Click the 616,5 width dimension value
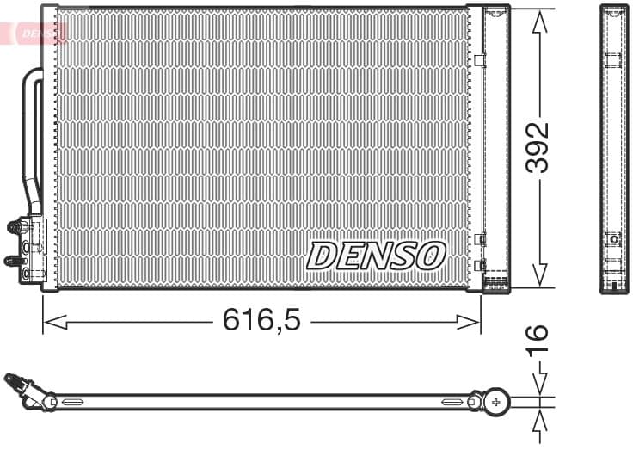[261, 321]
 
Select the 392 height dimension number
[538, 147]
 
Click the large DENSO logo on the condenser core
[377, 256]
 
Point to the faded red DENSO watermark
[39, 34]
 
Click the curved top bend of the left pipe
[33, 75]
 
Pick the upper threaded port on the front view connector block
[15, 227]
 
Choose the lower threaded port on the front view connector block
[12, 260]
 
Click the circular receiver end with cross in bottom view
[495, 401]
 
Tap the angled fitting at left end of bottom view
[21, 385]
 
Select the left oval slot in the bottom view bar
[72, 402]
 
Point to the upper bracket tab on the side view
[612, 60]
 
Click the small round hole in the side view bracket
[613, 239]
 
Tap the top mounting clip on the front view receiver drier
[480, 59]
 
